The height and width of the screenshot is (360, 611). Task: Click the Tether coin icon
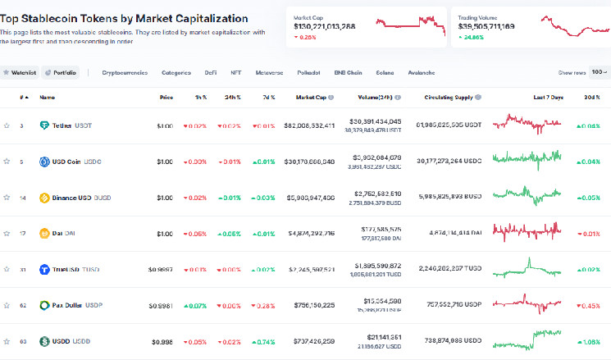click(x=45, y=125)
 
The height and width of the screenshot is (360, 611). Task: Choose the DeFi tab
click(x=211, y=72)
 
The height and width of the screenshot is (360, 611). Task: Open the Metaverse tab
click(x=269, y=72)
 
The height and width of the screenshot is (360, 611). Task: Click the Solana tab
click(x=385, y=72)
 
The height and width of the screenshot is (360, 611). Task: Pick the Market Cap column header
click(x=311, y=97)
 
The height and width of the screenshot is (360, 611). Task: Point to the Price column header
click(x=166, y=97)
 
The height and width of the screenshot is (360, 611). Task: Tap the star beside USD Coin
click(x=7, y=162)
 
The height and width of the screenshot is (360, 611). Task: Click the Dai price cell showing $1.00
click(x=164, y=234)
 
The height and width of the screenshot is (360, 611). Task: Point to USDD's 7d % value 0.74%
click(x=264, y=341)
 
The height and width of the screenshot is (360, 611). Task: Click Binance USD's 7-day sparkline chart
click(x=527, y=197)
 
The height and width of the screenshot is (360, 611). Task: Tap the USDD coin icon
click(x=45, y=341)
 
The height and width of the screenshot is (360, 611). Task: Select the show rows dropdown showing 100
click(x=599, y=72)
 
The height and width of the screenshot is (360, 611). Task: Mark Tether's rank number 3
click(x=21, y=125)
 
